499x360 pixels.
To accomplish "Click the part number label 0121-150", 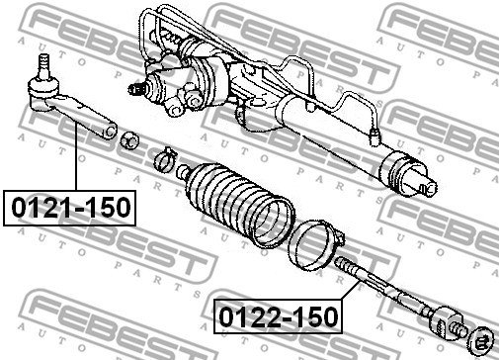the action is tap(69, 208).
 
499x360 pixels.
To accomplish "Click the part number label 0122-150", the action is tap(278, 316).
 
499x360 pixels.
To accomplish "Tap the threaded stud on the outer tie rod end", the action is tap(43, 63).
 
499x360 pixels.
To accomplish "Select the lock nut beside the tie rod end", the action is tap(129, 140).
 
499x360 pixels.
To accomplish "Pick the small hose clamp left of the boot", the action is tap(165, 159).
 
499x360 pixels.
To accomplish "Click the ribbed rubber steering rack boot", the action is tap(236, 204).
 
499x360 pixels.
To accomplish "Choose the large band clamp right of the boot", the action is tap(315, 245).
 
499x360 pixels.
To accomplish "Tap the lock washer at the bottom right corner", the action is tap(481, 340).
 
